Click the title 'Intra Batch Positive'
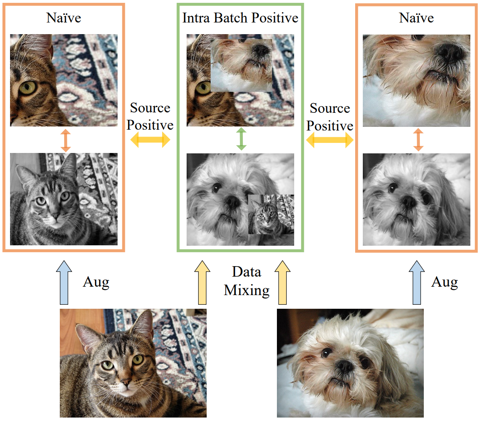[x=240, y=18]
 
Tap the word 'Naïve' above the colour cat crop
[x=63, y=18]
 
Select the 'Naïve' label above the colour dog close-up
[x=416, y=18]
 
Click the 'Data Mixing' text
[x=246, y=281]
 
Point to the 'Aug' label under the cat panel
[x=96, y=282]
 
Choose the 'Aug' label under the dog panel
[x=444, y=282]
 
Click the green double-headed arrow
[x=241, y=139]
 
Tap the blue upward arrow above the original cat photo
[x=64, y=282]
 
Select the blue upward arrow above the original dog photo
[x=417, y=282]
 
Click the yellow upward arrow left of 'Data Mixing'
[x=202, y=282]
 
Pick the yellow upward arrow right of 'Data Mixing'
[x=283, y=282]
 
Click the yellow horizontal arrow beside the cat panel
[x=150, y=140]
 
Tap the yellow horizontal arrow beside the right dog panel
[x=329, y=140]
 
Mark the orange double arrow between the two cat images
[x=65, y=140]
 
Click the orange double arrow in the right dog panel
[x=418, y=140]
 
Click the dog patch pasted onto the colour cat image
[x=241, y=65]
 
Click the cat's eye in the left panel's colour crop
[x=27, y=88]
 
